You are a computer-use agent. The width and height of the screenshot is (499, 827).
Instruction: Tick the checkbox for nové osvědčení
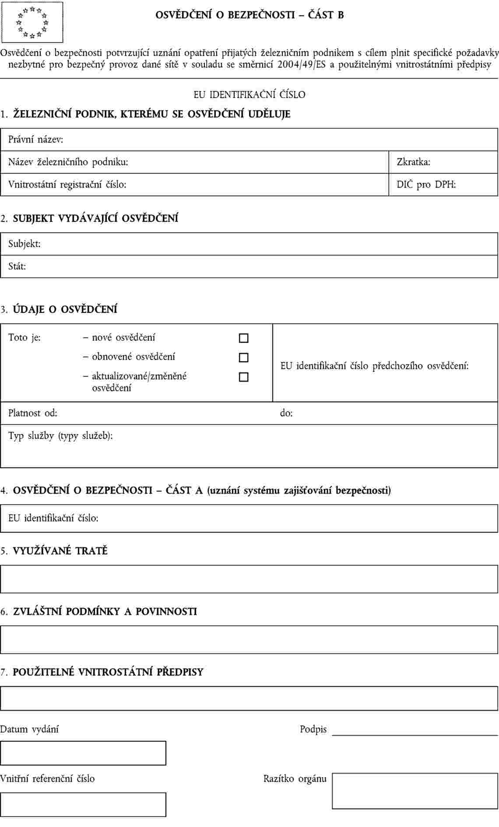[244, 338]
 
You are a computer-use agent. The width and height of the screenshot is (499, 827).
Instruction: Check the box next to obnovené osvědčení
[244, 357]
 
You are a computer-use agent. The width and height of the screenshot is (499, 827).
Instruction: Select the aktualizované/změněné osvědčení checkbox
[244, 377]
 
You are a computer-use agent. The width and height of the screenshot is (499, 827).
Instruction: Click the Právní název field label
[35, 140]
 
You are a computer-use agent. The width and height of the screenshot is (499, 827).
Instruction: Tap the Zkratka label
[413, 162]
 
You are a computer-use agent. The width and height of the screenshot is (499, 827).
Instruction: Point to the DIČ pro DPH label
[426, 185]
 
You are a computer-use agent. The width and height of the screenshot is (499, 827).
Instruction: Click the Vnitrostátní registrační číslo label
[67, 185]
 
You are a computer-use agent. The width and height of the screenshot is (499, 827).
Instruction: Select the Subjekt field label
[25, 244]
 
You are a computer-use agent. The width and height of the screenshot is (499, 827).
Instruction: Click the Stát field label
[17, 266]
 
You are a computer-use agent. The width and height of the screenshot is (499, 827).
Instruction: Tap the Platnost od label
[32, 413]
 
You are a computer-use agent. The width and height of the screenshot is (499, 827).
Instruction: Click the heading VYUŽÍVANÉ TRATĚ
[60, 551]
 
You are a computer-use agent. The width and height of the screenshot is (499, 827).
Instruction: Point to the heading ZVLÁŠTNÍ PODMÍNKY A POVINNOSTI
[105, 612]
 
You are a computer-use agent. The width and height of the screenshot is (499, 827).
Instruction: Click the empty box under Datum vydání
[83, 753]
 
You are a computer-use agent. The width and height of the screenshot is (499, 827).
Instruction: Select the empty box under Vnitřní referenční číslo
[83, 804]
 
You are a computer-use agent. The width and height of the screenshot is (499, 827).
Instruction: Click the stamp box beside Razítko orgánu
[415, 791]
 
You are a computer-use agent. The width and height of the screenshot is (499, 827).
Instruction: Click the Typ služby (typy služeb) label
[60, 436]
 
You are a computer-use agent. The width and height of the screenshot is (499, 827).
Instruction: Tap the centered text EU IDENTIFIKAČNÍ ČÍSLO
[249, 95]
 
